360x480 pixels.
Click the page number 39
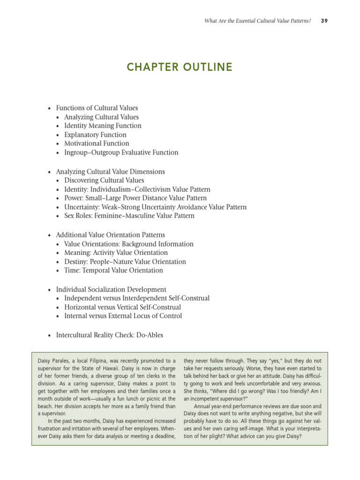tap(324, 21)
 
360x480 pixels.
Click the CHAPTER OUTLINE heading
tap(180, 67)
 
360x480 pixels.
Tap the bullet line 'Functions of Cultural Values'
tap(97, 108)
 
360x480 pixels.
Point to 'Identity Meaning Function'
tap(103, 126)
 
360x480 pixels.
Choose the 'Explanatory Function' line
tap(95, 135)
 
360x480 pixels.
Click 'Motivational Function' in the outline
tap(97, 143)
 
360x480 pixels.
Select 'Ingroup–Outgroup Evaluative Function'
tap(121, 152)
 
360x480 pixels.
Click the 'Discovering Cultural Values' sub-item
tap(104, 180)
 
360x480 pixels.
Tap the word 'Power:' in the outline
tap(74, 198)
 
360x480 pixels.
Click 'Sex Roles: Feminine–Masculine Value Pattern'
tap(129, 216)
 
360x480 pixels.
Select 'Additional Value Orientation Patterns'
tap(110, 235)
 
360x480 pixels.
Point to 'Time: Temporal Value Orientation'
tap(113, 270)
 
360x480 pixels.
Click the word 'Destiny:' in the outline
tap(76, 262)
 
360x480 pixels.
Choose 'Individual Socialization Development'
tap(111, 290)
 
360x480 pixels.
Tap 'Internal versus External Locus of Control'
tap(123, 316)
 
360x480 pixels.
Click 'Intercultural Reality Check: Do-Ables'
tap(109, 335)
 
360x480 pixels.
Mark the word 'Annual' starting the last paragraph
tap(202, 406)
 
